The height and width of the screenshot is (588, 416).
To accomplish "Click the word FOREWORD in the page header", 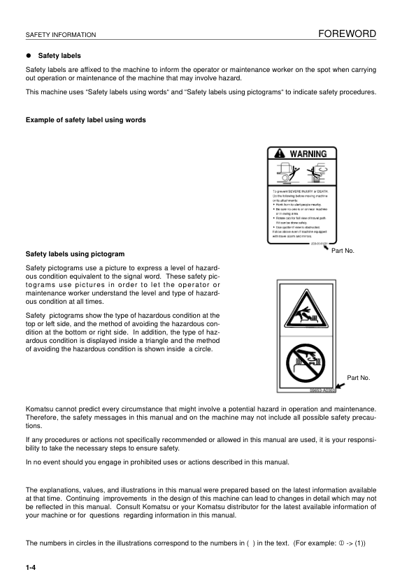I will (347, 34).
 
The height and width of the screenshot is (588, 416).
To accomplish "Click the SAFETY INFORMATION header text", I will (60, 35).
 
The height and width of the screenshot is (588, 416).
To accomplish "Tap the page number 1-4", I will (31, 568).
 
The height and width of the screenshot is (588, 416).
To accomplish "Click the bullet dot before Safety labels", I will (29, 55).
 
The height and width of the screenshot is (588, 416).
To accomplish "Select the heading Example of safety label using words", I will (86, 120).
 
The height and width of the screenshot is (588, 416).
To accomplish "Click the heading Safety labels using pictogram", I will (75, 253).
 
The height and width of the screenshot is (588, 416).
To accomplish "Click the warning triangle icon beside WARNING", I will (280, 154).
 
